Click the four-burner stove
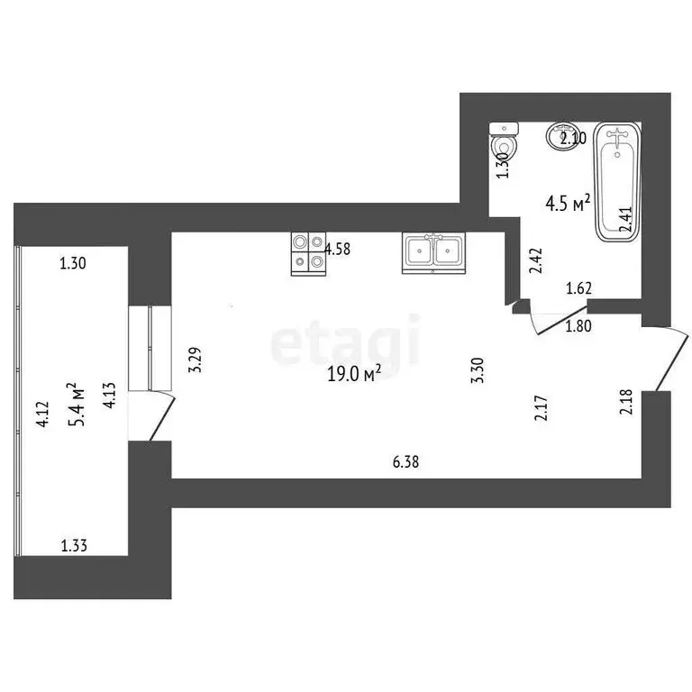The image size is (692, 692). pos(308,253)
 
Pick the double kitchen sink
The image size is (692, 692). pos(433,251)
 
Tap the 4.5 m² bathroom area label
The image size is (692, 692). pos(568,203)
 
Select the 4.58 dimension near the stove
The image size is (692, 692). pos(338,250)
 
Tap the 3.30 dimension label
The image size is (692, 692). pos(478,371)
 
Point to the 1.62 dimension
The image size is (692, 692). pos(578,289)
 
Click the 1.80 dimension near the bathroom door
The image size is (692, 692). pos(578,326)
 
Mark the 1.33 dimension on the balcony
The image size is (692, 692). pos(75,545)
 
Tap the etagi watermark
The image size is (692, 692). pos(346,341)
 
